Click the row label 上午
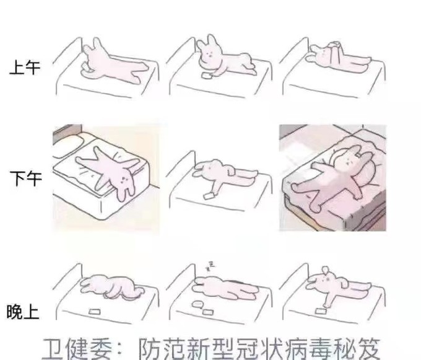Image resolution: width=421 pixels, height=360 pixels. pyautogui.click(x=24, y=67)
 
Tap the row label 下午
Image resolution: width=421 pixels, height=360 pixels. pyautogui.click(x=24, y=180)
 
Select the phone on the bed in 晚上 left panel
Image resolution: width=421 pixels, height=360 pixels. pyautogui.click(x=95, y=310)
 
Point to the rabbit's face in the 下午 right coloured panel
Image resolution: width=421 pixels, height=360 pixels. pyautogui.click(x=349, y=159)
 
